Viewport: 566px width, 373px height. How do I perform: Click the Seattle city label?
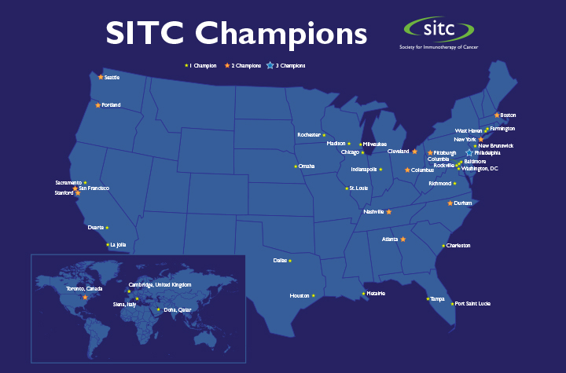[112, 78]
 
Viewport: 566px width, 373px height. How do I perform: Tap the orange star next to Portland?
[97, 105]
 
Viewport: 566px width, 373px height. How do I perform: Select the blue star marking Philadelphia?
[469, 153]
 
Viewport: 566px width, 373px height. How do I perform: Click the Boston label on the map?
[508, 115]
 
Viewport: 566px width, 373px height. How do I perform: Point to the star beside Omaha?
[296, 166]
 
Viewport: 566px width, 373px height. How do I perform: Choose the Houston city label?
[300, 296]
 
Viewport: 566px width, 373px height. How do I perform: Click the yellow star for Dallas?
[290, 261]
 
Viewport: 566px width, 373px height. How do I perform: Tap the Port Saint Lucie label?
[472, 304]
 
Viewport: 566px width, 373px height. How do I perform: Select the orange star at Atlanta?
[403, 240]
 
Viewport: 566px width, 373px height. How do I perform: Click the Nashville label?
[373, 212]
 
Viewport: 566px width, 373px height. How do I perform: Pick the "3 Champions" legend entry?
[286, 66]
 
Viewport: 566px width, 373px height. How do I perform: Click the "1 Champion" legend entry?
[200, 66]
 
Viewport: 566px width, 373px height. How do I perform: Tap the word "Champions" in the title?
[281, 34]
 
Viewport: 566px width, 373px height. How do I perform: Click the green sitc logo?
[439, 29]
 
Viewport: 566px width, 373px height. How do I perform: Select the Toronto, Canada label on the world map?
[84, 289]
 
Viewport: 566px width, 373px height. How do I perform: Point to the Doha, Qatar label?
[177, 310]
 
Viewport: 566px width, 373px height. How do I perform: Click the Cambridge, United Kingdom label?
[160, 284]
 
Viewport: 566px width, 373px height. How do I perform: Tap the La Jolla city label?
[118, 244]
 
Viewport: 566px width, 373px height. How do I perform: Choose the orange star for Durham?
[450, 203]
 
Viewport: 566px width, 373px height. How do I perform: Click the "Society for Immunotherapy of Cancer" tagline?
[439, 47]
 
